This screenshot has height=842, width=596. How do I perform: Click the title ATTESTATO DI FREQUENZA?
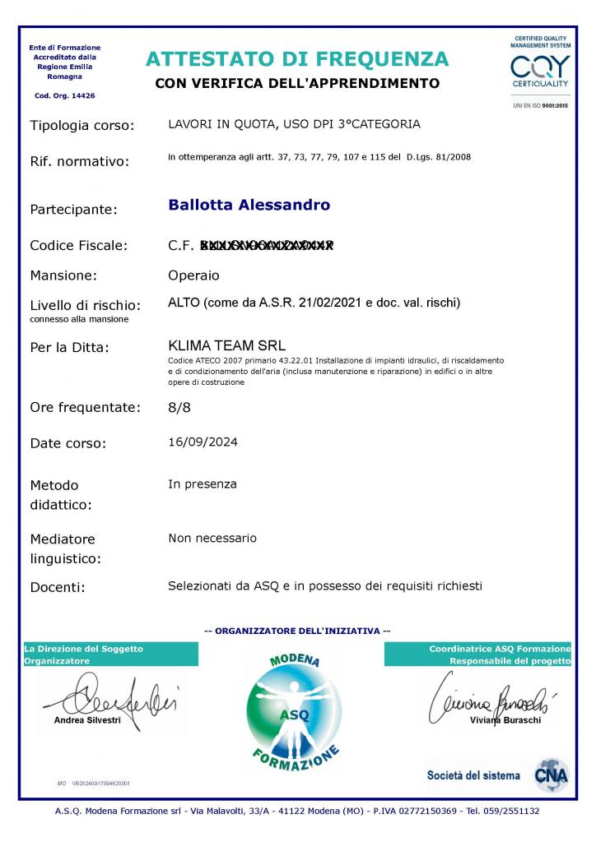[297, 59]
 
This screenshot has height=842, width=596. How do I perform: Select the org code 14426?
[83, 95]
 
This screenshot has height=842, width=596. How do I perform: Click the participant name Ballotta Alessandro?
[249, 205]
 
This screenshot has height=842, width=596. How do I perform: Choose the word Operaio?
[193, 275]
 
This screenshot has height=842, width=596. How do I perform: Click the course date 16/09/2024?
[203, 442]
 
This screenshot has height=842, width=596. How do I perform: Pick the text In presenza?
[203, 483]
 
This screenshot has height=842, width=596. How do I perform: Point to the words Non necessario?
[212, 538]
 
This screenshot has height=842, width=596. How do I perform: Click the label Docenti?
[58, 587]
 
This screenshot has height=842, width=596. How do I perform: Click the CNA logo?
[551, 775]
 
